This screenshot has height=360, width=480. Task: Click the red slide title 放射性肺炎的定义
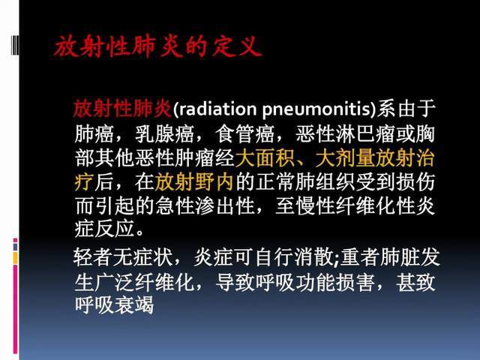(x=157, y=47)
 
